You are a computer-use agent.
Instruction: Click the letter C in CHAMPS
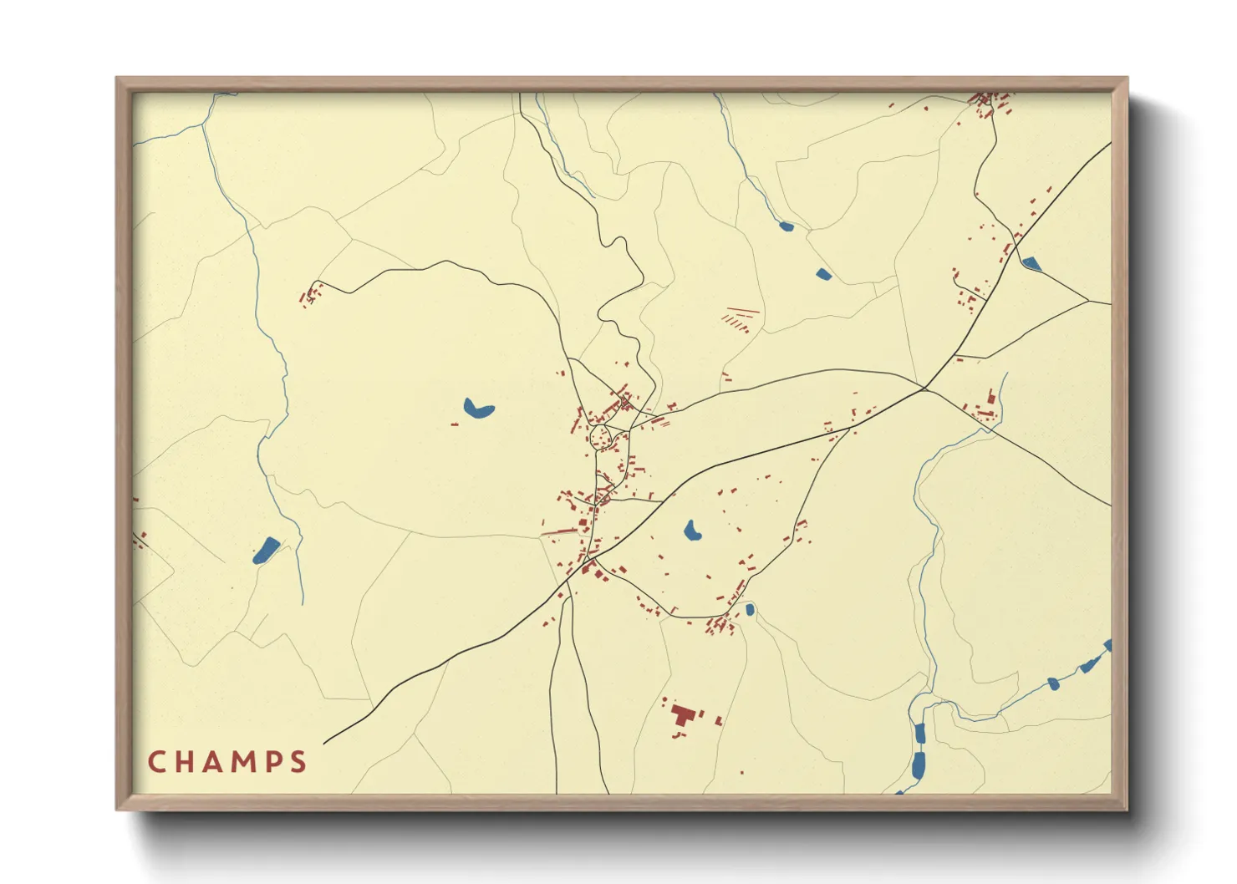(155, 762)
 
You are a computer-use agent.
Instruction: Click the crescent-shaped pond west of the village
(478, 409)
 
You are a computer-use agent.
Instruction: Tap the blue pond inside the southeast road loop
(692, 531)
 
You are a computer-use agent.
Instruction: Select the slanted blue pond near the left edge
(266, 551)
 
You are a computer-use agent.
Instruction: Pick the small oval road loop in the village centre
(601, 437)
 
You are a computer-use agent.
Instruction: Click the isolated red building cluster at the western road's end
(310, 295)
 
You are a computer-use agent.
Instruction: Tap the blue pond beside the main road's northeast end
(1031, 264)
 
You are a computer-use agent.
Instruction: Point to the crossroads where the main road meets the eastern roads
(924, 389)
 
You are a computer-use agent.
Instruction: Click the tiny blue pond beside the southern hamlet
(750, 610)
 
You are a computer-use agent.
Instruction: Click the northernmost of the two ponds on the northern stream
(786, 226)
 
